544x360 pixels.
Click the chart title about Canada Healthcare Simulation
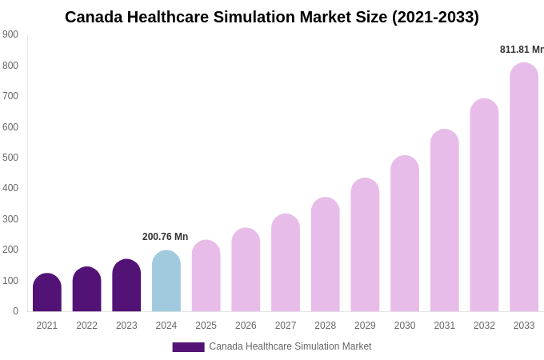pyautogui.click(x=272, y=17)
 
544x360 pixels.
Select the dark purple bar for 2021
pyautogui.click(x=47, y=293)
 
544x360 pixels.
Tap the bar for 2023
pyautogui.click(x=126, y=286)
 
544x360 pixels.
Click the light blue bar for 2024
pyautogui.click(x=166, y=282)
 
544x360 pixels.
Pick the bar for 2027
pyautogui.click(x=286, y=263)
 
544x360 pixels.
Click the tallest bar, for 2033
pyautogui.click(x=524, y=187)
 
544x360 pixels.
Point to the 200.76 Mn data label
pyautogui.click(x=166, y=237)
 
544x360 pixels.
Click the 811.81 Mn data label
pyautogui.click(x=522, y=50)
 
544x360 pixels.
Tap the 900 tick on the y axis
pyautogui.click(x=10, y=34)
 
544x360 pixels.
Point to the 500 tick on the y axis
pyautogui.click(x=10, y=158)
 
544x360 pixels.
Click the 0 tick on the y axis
pyautogui.click(x=15, y=311)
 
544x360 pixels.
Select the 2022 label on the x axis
pyautogui.click(x=86, y=326)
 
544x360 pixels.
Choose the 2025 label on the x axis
pyautogui.click(x=206, y=326)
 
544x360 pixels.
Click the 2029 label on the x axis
pyautogui.click(x=365, y=326)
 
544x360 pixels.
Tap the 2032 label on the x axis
pyautogui.click(x=484, y=326)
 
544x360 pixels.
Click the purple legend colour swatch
pyautogui.click(x=188, y=347)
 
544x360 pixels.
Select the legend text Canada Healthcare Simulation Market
pyautogui.click(x=290, y=346)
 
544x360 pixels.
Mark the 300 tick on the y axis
pyautogui.click(x=10, y=219)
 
